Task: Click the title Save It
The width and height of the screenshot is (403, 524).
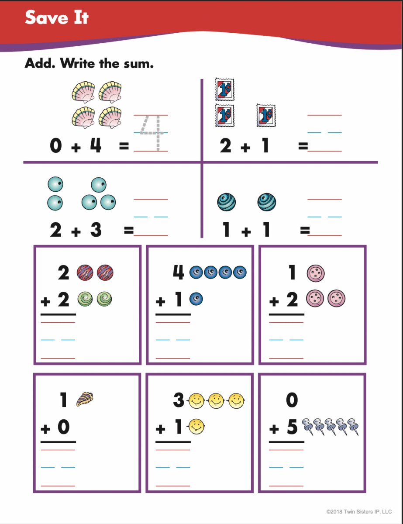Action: coord(57,18)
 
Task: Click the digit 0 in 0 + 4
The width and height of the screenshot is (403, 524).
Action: coord(56,145)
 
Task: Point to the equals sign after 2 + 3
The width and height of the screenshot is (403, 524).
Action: coord(128,230)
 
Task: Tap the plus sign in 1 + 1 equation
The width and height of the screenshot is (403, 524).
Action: coord(246,231)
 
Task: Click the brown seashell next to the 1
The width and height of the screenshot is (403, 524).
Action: coord(85,399)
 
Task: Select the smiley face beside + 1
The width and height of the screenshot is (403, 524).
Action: coord(196,427)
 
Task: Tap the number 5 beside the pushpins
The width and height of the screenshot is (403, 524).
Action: coord(292,427)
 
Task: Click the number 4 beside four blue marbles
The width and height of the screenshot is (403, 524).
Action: coord(179,273)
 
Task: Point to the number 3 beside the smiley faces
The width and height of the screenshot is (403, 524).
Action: coord(179,400)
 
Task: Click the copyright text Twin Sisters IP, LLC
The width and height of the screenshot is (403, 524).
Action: coord(359,511)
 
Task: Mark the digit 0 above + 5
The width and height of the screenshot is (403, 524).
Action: coord(292,400)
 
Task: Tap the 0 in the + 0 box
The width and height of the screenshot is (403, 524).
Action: coord(64,427)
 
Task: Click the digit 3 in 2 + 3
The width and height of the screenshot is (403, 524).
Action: coord(96,230)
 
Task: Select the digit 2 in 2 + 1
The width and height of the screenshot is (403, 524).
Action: coord(225,145)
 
